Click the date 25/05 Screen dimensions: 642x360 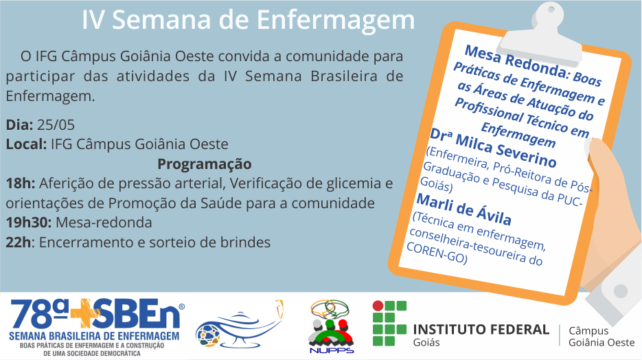[56, 124]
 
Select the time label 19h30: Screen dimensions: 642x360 [29, 223]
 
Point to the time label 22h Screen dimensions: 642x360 [18, 242]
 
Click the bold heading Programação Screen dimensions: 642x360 [205, 164]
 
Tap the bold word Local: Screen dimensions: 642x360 [26, 144]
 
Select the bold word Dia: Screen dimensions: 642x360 [19, 124]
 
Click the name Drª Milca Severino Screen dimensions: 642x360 [493, 148]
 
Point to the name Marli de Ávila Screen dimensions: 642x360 [464, 210]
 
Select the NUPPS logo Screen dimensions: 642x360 [331, 326]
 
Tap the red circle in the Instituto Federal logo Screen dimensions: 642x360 [378, 306]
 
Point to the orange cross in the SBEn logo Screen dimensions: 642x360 [85, 313]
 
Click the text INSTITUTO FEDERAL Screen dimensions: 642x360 [481, 329]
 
